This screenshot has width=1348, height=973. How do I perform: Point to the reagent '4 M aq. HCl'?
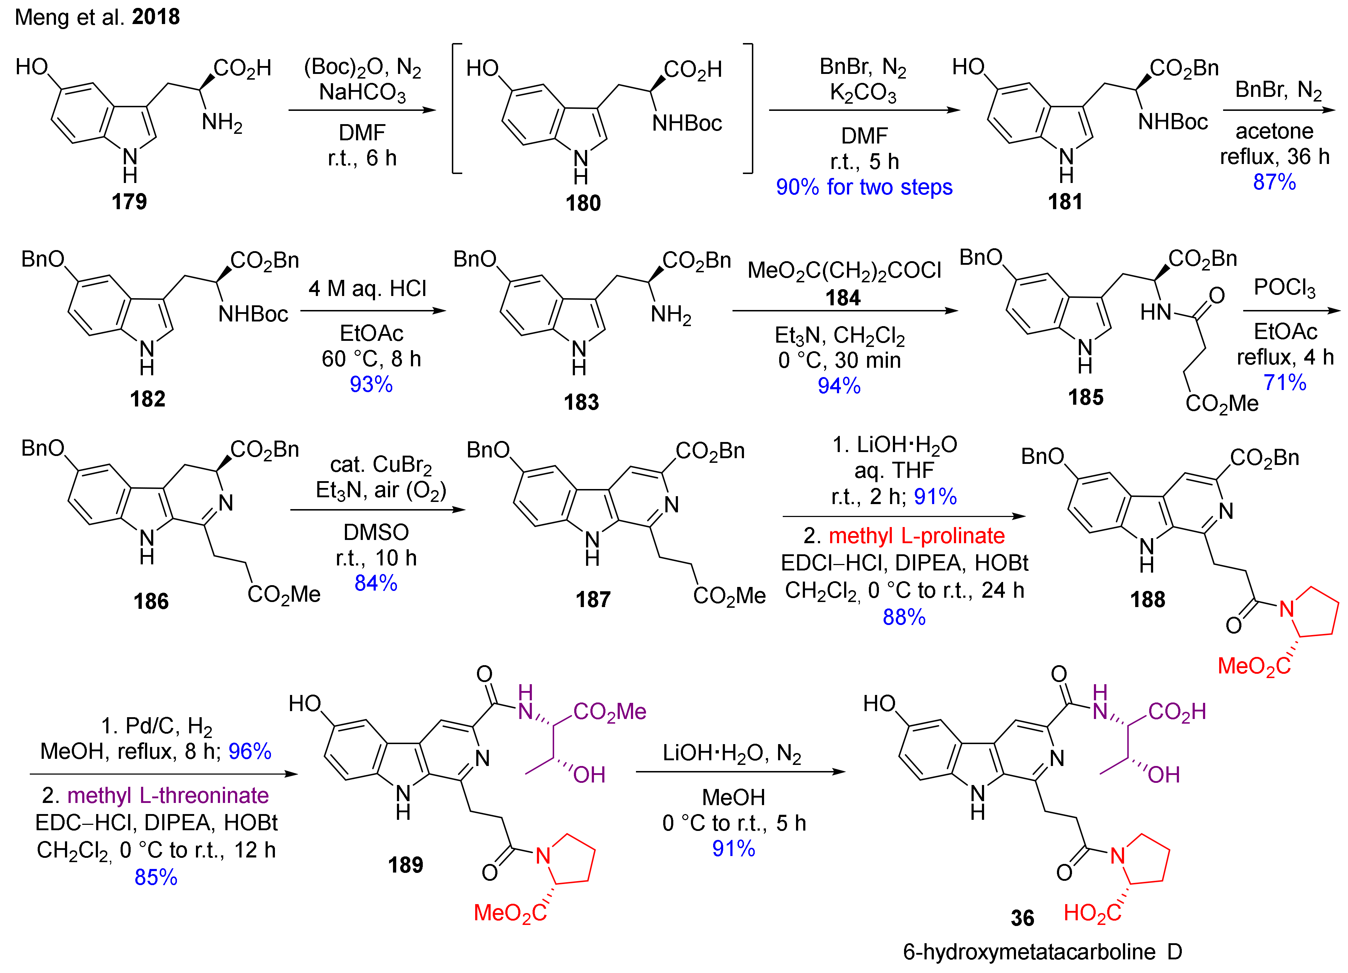click(x=367, y=289)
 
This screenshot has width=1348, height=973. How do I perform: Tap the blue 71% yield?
click(x=1284, y=382)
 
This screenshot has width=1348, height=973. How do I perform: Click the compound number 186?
click(x=151, y=601)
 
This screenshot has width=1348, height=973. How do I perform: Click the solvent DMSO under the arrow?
click(x=376, y=532)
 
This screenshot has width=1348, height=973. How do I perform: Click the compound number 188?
click(x=1147, y=600)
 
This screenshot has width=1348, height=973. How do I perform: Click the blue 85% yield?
click(x=156, y=877)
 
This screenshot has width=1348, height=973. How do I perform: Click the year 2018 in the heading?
click(x=156, y=17)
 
